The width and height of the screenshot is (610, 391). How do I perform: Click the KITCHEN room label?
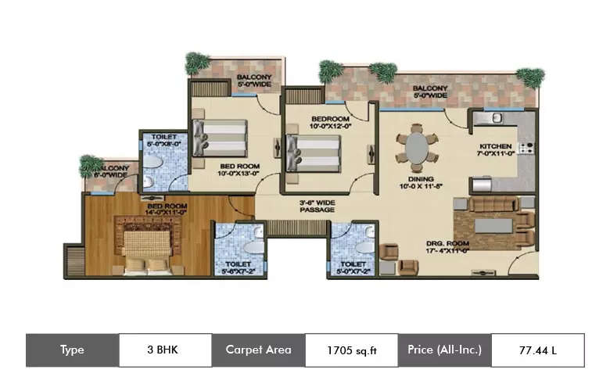tap(496, 150)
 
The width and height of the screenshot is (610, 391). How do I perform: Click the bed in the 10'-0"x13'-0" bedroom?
tap(221, 137)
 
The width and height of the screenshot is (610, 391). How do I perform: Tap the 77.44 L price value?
tap(537, 350)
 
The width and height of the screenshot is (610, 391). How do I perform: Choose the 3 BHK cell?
tap(164, 350)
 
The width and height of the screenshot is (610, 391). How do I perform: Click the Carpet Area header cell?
tap(258, 350)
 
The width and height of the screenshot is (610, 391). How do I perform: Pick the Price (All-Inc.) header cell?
tap(444, 350)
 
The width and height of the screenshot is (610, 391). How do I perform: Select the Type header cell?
tap(72, 350)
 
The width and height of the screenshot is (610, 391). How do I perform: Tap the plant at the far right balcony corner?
tap(530, 77)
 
